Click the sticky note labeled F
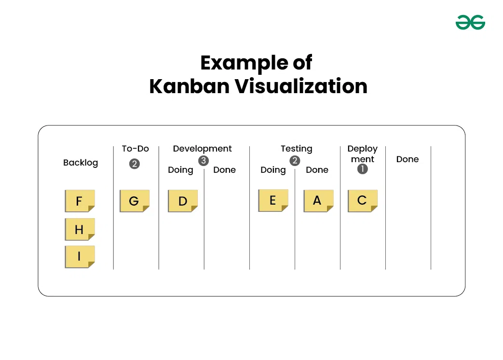[80, 201]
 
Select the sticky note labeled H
[80, 229]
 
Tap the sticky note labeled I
[80, 257]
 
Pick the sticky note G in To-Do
[135, 201]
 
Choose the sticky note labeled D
[183, 201]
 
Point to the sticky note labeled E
[273, 200]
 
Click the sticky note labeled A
[318, 201]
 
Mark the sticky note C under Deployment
[362, 201]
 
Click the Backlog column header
[81, 163]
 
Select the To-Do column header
[135, 149]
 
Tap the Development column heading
[202, 149]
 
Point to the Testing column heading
[297, 149]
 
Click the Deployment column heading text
[362, 154]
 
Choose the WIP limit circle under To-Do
[135, 164]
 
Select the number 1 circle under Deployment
[362, 169]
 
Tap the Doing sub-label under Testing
[273, 170]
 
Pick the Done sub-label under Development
[224, 170]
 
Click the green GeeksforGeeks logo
[470, 22]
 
